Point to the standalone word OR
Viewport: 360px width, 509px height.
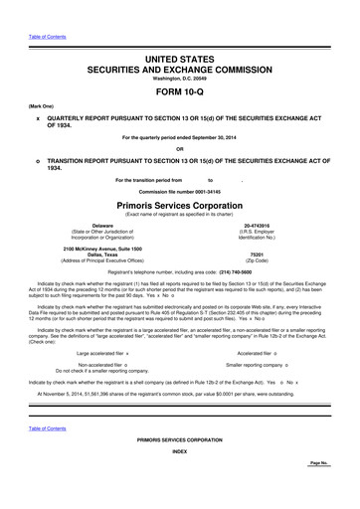click(179, 145)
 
